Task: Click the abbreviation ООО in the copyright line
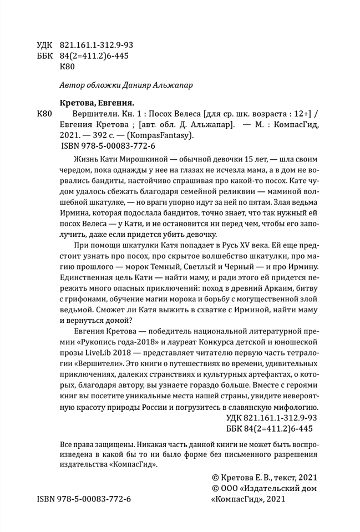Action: pyautogui.click(x=232, y=488)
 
